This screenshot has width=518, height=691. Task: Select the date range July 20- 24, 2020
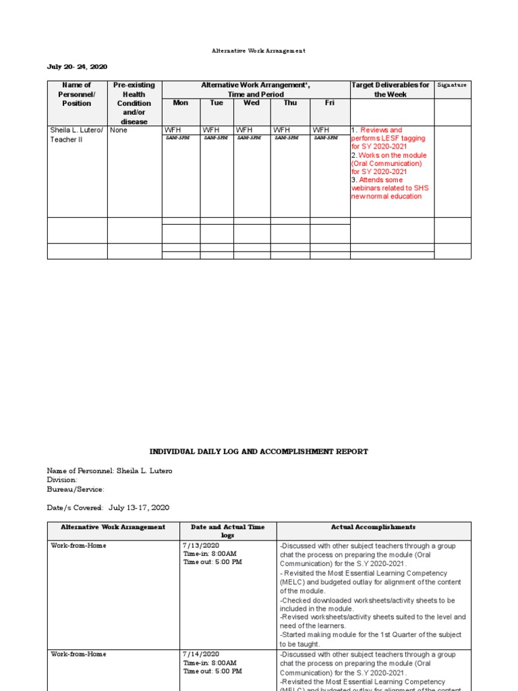[77, 67]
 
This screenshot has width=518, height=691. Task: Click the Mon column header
[181, 103]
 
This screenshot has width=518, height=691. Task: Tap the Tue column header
[217, 103]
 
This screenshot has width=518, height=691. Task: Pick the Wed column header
[252, 103]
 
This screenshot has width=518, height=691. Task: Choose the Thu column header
[290, 103]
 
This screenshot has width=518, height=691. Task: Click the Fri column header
[330, 103]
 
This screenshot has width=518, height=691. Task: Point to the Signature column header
[452, 86]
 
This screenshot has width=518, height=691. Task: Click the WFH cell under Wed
[243, 130]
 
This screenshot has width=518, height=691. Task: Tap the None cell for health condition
[119, 130]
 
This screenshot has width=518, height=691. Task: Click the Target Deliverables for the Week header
[391, 90]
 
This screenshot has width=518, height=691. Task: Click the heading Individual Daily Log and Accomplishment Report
[258, 451]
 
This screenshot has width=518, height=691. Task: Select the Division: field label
[62, 480]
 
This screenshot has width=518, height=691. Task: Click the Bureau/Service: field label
[76, 489]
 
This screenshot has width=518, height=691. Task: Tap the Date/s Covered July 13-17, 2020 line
[108, 507]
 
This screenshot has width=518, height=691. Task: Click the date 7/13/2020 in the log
[201, 545]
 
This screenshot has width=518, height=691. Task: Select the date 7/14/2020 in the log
[201, 655]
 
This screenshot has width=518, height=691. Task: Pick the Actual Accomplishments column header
[373, 527]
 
